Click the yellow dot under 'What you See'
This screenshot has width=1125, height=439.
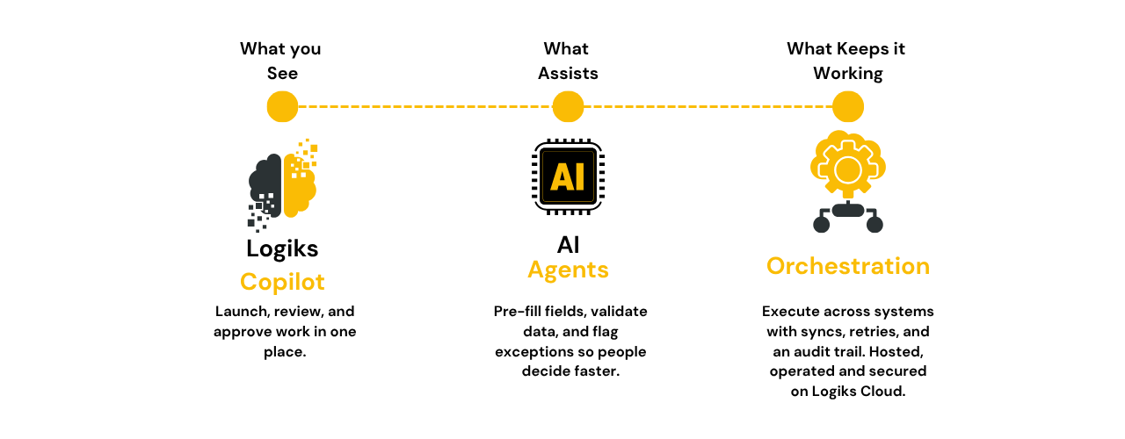pyautogui.click(x=282, y=107)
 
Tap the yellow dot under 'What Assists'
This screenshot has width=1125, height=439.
pyautogui.click(x=568, y=107)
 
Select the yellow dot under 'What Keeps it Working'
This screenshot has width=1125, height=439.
pyautogui.click(x=848, y=107)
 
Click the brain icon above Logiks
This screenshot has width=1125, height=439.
pyautogui.click(x=281, y=184)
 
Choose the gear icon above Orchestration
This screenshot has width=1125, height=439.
pyautogui.click(x=847, y=168)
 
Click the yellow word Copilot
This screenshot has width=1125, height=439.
pyautogui.click(x=282, y=282)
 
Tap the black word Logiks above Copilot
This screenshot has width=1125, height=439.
pyautogui.click(x=282, y=248)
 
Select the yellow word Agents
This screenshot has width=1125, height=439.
pyautogui.click(x=568, y=270)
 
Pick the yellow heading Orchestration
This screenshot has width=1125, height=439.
pyautogui.click(x=848, y=266)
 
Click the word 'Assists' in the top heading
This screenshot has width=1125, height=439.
pyautogui.click(x=568, y=74)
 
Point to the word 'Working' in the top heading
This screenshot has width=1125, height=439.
pyautogui.click(x=848, y=74)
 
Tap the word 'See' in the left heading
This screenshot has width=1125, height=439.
pyautogui.click(x=282, y=74)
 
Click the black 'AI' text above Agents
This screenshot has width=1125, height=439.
pyautogui.click(x=568, y=244)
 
